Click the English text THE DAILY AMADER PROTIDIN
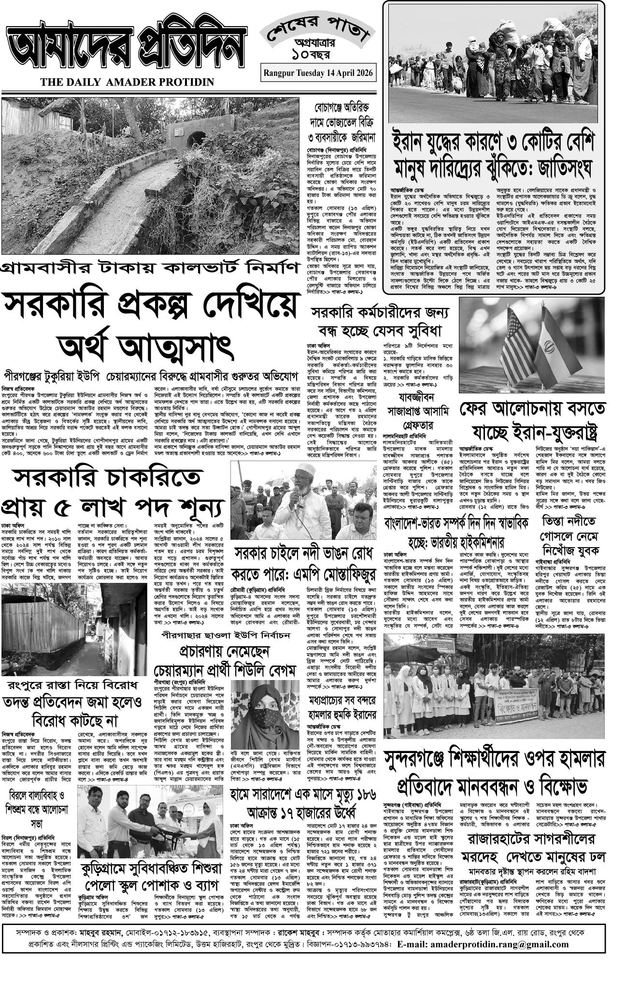point(127,82)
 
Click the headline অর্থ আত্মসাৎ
point(145,346)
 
